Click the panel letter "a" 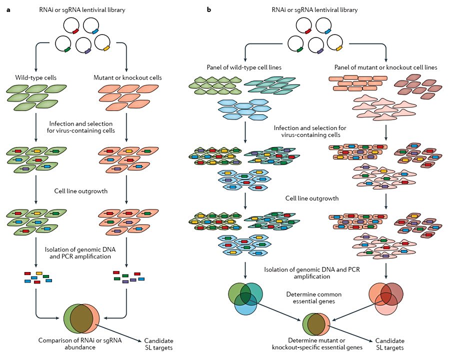[x=8, y=9]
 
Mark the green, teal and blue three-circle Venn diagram [x=245, y=299]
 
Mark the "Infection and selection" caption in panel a [x=81, y=127]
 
